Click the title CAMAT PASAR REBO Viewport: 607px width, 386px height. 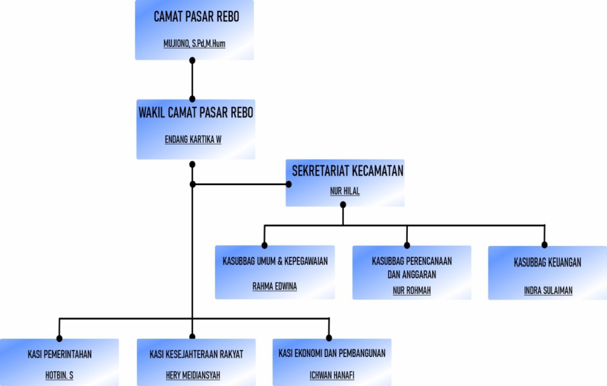pos(196,17)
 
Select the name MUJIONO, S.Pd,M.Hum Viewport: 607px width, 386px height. pos(194,43)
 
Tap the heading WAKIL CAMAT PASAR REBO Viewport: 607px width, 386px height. pos(196,113)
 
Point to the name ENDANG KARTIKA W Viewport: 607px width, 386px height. pos(193,141)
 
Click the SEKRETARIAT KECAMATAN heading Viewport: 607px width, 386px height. pos(347,171)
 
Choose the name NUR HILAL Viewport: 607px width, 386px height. pos(345,191)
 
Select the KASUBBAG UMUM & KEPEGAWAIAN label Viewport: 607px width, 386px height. pos(275,261)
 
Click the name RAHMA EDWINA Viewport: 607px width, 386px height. pos(274,286)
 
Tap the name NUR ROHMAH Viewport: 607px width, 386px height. pos(411,291)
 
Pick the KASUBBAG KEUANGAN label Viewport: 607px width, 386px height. pos(547,262)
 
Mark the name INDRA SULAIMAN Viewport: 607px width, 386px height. pos(548,291)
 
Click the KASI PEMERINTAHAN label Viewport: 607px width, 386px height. pos(60,355)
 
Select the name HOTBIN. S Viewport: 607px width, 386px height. pos(59,375)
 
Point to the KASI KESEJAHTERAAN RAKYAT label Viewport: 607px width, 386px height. pos(196,355)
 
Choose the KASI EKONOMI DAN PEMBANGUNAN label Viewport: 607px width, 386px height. pos(332,353)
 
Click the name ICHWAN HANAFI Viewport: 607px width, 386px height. pos(332,375)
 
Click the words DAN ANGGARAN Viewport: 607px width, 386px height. pos(411,275)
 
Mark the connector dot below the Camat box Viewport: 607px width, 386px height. pos(192,60)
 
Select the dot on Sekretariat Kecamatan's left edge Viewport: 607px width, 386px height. pos(289,184)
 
